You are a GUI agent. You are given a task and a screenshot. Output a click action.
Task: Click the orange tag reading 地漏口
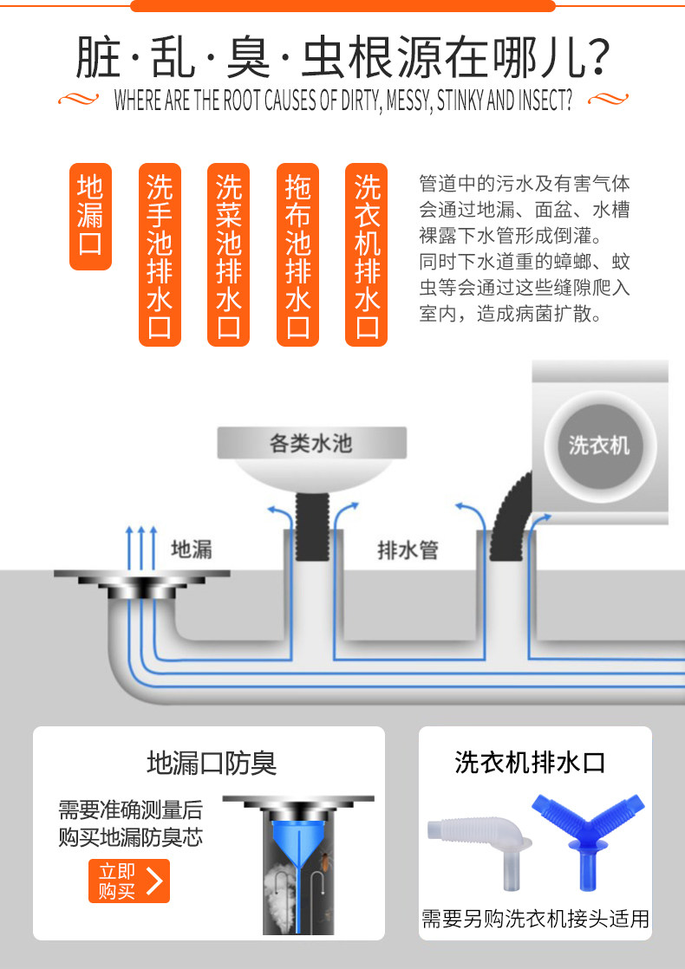[90, 216]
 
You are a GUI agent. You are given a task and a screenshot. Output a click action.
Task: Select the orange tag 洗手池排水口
[160, 255]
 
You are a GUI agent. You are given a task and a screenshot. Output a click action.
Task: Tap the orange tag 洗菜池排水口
[229, 255]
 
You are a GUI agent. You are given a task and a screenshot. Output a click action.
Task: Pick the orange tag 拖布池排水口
[298, 255]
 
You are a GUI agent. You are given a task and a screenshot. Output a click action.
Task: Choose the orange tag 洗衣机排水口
[367, 255]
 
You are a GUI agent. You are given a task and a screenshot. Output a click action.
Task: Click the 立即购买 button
[128, 881]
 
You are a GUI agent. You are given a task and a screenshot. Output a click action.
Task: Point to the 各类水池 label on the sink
[311, 444]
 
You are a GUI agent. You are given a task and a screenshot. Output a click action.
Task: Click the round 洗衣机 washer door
[599, 445]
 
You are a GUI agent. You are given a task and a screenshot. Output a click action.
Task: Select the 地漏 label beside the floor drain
[191, 549]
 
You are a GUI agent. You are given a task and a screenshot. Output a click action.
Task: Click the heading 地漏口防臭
[212, 763]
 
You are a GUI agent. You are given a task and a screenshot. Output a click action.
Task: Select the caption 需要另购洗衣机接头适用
[535, 919]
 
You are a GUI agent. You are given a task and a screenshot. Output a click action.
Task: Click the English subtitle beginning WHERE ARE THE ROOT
[342, 101]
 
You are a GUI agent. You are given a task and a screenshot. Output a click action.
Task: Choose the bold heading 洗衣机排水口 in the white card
[530, 763]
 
